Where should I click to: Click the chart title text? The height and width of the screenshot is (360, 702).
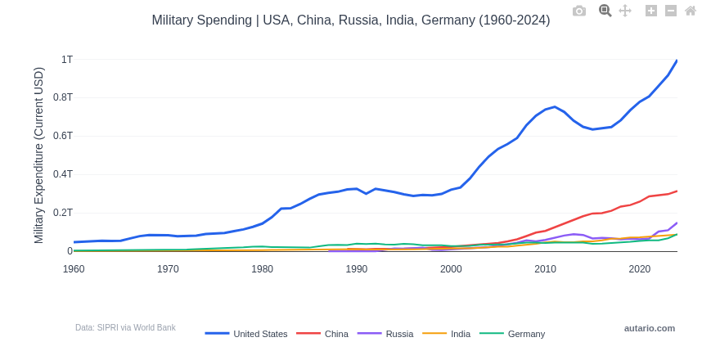tap(350, 20)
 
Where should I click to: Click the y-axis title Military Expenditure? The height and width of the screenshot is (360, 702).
tap(38, 155)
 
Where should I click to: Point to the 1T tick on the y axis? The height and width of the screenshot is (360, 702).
tap(66, 60)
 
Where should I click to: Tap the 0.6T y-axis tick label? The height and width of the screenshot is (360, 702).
tap(63, 136)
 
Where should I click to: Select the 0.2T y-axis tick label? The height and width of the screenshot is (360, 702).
tap(63, 213)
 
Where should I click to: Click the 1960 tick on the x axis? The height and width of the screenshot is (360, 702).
tap(74, 269)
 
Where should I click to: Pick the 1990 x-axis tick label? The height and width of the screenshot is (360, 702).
tap(357, 269)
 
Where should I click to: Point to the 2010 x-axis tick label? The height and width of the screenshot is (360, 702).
tap(545, 269)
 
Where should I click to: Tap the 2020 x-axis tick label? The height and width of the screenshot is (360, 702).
tap(640, 269)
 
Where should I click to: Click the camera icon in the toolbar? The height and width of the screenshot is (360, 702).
tap(579, 11)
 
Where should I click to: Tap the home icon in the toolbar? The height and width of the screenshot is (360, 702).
tap(691, 11)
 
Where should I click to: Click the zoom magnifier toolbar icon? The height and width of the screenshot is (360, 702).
tap(605, 11)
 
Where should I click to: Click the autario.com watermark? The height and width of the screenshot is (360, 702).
tap(650, 328)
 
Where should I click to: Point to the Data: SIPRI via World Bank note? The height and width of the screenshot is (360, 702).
tap(125, 328)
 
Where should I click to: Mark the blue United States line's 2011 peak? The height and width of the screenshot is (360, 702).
tap(555, 107)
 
